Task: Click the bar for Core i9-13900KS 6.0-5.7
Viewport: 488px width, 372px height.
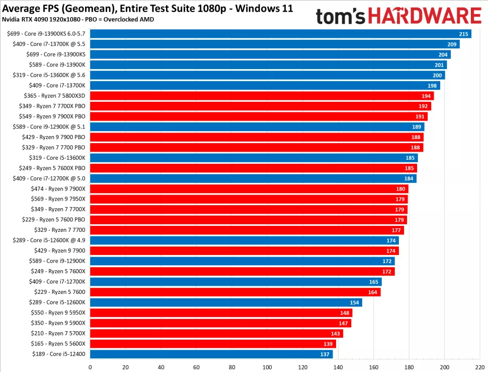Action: [x=280, y=34]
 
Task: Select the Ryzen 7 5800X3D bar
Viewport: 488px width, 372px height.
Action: [x=262, y=96]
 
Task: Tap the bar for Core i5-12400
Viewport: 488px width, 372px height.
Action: [x=211, y=354]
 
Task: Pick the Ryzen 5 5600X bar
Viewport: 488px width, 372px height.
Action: [x=213, y=344]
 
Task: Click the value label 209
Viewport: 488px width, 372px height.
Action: [x=452, y=44]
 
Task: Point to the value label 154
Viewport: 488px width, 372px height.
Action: [x=354, y=302]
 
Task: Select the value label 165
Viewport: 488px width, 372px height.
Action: [x=374, y=282]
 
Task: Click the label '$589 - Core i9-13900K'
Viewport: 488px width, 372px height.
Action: [x=56, y=65]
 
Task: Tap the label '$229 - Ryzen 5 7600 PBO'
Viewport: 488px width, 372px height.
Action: [x=54, y=220]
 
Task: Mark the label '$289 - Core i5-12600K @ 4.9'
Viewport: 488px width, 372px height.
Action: [x=49, y=240]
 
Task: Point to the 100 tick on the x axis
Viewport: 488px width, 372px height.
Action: [x=267, y=366]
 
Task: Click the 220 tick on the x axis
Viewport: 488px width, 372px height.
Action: [x=480, y=366]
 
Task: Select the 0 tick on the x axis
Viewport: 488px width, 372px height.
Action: [x=90, y=366]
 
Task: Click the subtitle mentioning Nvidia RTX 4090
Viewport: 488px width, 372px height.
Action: [x=78, y=19]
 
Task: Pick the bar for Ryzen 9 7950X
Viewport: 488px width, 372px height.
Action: [x=249, y=199]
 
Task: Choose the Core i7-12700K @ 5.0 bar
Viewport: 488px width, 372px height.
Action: [x=253, y=178]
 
